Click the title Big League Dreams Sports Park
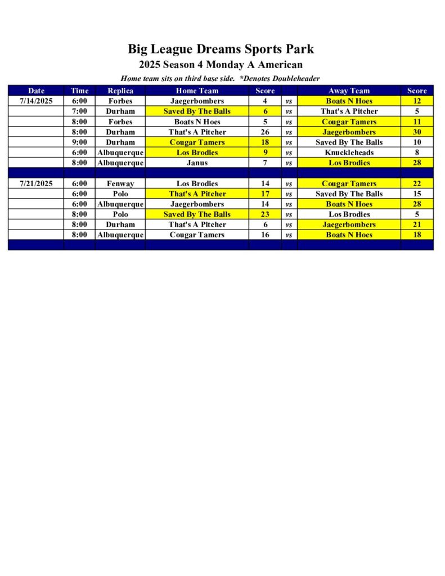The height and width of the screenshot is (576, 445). (x=221, y=49)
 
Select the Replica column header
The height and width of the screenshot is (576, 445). (x=120, y=91)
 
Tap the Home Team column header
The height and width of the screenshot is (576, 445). (x=197, y=91)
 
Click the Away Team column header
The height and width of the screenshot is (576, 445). (x=349, y=91)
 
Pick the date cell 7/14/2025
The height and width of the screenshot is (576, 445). (x=36, y=101)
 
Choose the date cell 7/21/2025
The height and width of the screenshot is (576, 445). (x=36, y=183)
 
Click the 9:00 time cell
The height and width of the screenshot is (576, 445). (x=79, y=142)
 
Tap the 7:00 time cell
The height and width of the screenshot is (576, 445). (x=79, y=111)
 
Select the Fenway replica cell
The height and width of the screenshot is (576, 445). (x=120, y=183)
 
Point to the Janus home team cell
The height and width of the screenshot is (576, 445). (x=197, y=163)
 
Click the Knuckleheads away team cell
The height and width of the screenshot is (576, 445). (x=349, y=152)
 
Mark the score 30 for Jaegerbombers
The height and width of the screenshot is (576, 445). (x=417, y=132)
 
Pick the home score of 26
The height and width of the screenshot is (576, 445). (x=265, y=132)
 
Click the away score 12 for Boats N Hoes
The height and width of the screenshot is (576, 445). (x=417, y=101)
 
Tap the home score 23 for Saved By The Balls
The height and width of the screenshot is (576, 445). (x=265, y=214)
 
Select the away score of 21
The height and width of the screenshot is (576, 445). (x=417, y=224)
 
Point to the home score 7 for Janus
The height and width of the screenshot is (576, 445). (x=265, y=163)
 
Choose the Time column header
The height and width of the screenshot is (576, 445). (x=79, y=91)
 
